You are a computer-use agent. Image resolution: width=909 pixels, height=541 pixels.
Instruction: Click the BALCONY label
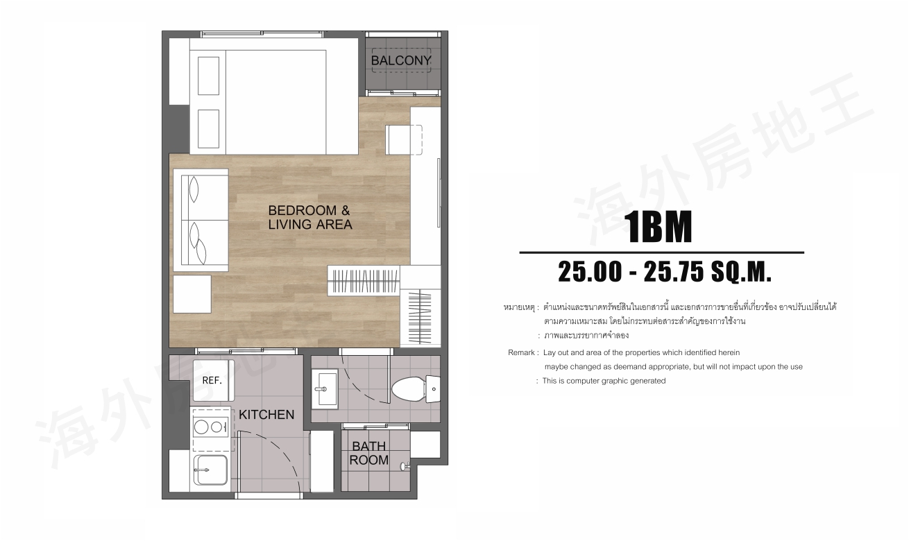400,60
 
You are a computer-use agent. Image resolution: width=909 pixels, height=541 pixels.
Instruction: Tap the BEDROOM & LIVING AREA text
310,217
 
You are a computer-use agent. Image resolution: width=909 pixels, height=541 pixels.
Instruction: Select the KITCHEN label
266,415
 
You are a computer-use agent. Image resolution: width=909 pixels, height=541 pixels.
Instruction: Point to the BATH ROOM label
369,453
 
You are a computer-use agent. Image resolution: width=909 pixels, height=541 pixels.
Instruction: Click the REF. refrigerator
214,380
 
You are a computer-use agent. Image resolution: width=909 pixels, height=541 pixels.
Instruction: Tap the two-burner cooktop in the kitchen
211,427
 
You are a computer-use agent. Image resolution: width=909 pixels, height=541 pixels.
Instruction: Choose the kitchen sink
211,470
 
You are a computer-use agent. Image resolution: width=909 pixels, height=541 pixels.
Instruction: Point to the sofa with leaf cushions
201,220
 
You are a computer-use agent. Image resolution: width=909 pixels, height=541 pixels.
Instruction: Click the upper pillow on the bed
209,76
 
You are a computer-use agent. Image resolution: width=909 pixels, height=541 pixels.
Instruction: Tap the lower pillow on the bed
209,128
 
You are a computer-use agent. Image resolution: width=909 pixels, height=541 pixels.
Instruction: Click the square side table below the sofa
192,294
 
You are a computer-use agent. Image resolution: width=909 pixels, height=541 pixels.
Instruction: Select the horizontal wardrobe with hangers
364,281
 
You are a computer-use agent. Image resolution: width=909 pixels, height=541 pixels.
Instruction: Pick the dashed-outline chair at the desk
404,140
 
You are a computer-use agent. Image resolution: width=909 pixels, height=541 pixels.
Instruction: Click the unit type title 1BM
658,227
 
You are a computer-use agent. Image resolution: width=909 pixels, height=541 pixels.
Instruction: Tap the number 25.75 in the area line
674,272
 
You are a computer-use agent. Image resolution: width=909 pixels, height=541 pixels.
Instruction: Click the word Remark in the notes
521,352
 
